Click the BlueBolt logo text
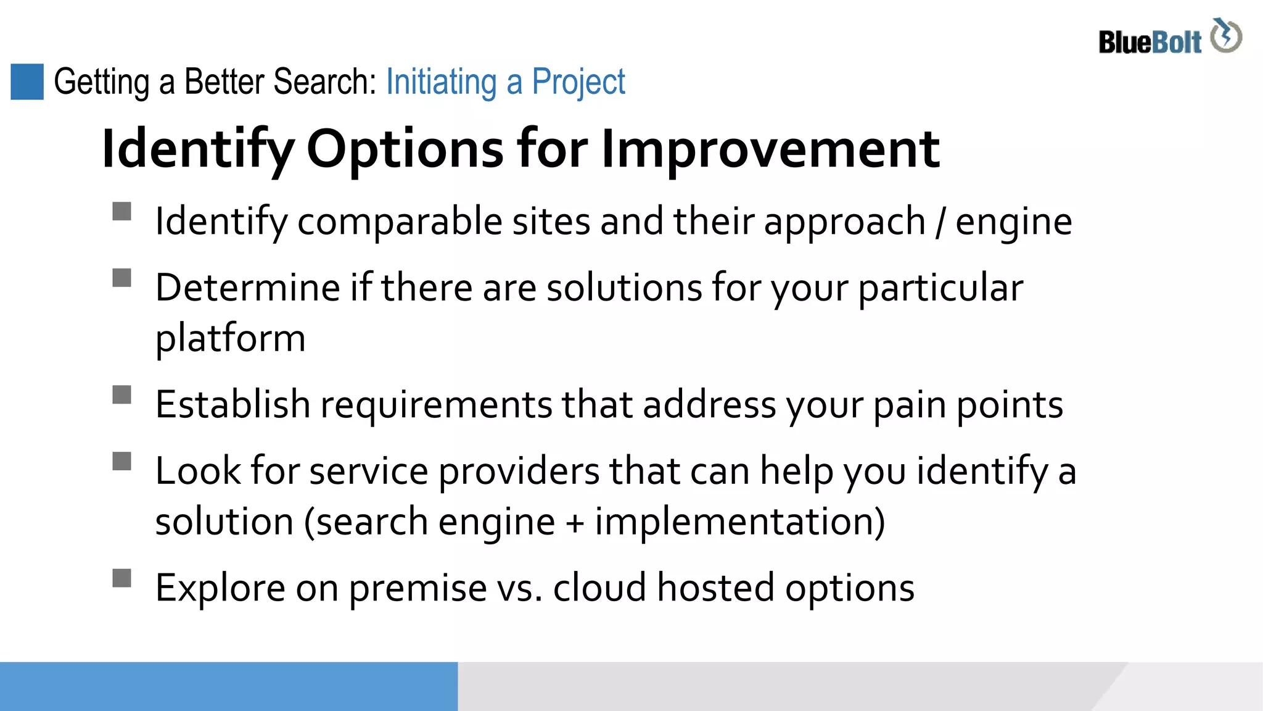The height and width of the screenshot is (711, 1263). [1150, 43]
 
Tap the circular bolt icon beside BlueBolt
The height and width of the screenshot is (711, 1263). [1225, 36]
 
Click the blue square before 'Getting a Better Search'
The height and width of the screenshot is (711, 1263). [27, 81]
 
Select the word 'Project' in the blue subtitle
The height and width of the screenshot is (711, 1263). [578, 82]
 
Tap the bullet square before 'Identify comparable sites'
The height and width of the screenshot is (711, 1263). [122, 211]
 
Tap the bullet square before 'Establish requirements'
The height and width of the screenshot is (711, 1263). [122, 394]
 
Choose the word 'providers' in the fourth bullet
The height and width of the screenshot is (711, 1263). [519, 471]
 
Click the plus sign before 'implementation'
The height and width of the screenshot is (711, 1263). [574, 523]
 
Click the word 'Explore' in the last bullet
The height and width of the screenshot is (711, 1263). [220, 588]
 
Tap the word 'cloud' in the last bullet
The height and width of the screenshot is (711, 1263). [599, 588]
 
